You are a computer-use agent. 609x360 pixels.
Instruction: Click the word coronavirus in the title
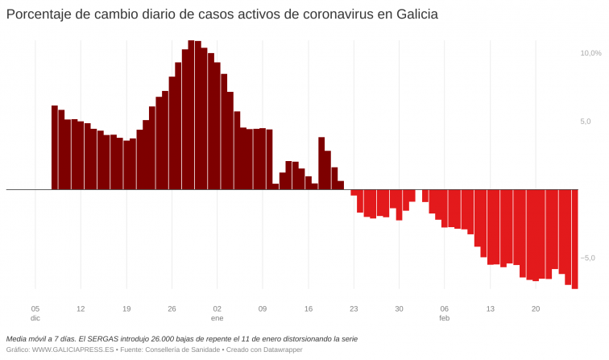pyautogui.click(x=323, y=15)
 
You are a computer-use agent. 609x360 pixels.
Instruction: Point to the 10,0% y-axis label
pyautogui.click(x=590, y=53)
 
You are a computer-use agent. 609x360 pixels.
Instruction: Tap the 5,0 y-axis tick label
pyautogui.click(x=586, y=122)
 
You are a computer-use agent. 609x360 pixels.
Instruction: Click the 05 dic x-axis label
pyautogui.click(x=35, y=313)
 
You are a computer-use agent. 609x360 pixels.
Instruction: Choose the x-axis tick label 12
pyautogui.click(x=81, y=308)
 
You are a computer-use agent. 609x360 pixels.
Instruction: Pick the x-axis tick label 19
pyautogui.click(x=126, y=308)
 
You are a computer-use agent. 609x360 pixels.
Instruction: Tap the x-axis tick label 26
pyautogui.click(x=172, y=308)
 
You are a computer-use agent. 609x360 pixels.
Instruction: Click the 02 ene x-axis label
pyautogui.click(x=217, y=313)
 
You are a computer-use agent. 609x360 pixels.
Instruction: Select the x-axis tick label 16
pyautogui.click(x=308, y=308)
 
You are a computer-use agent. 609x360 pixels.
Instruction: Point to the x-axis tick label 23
pyautogui.click(x=354, y=308)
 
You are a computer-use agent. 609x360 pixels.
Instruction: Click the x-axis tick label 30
pyautogui.click(x=399, y=308)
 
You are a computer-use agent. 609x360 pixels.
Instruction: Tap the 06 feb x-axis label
pyautogui.click(x=444, y=313)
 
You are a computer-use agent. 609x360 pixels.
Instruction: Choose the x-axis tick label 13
pyautogui.click(x=490, y=308)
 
